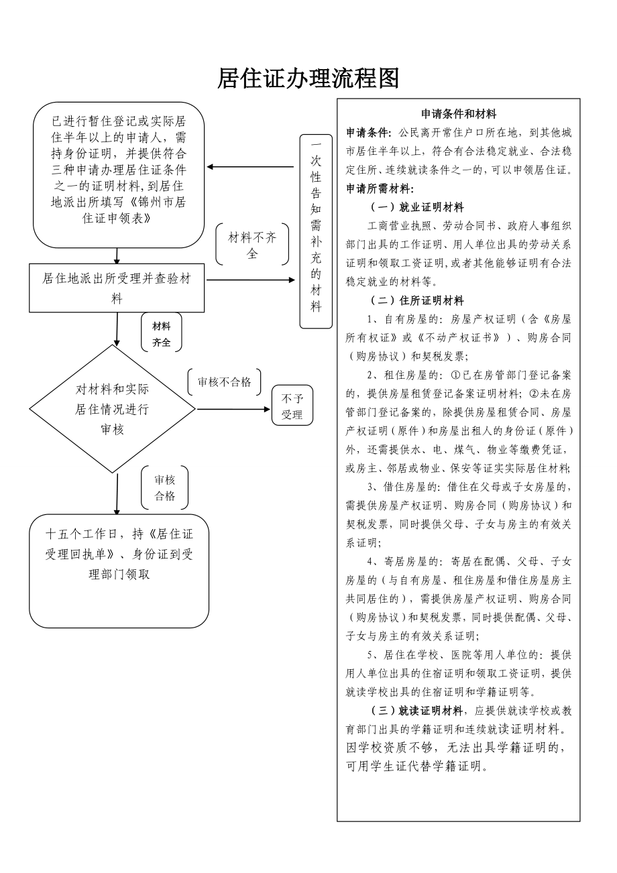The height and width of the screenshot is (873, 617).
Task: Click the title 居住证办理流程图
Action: click(x=308, y=78)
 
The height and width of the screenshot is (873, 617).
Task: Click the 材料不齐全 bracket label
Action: click(x=252, y=245)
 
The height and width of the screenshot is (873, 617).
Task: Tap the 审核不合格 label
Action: click(x=224, y=382)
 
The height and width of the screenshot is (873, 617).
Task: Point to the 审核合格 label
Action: click(x=165, y=487)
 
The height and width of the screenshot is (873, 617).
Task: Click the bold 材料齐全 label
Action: click(x=162, y=334)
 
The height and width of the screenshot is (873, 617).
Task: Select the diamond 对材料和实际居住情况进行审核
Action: click(x=113, y=408)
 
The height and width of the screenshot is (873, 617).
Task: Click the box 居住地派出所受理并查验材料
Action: click(x=117, y=288)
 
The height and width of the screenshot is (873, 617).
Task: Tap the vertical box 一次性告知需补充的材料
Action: click(x=316, y=231)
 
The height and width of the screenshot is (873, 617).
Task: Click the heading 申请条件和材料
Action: click(x=458, y=114)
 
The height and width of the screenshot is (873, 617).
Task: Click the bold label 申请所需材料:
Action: click(x=380, y=188)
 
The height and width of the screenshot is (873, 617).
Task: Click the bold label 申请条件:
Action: click(x=369, y=132)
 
